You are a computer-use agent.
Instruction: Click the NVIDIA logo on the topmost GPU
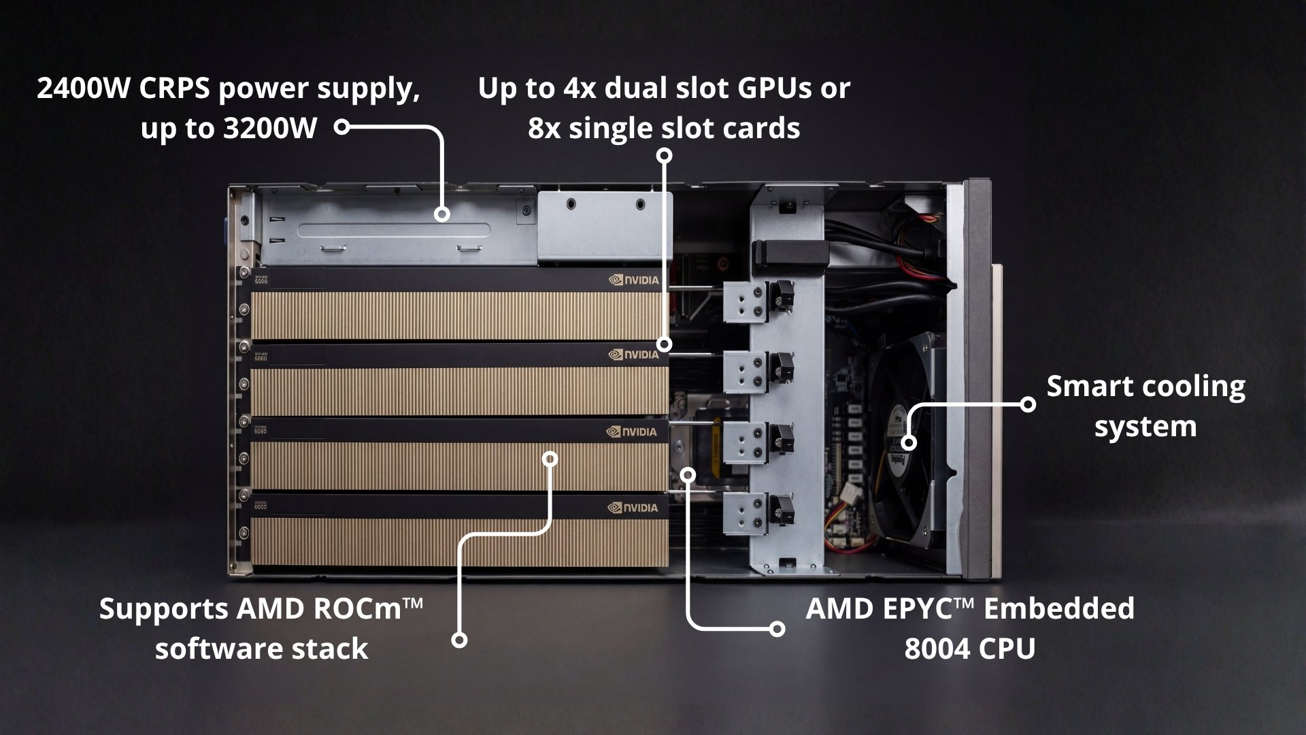pos(633,280)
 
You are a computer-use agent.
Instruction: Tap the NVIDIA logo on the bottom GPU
pos(633,508)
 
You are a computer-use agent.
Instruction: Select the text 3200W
pos(270,128)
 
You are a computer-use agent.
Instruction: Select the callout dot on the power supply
pos(442,215)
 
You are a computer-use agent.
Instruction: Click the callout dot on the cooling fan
pos(909,443)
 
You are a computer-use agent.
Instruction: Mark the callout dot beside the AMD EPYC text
pos(777,629)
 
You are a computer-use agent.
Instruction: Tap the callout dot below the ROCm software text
pos(460,640)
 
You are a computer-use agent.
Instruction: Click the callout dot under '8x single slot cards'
pos(665,156)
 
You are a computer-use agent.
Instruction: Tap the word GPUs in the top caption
pos(775,89)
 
